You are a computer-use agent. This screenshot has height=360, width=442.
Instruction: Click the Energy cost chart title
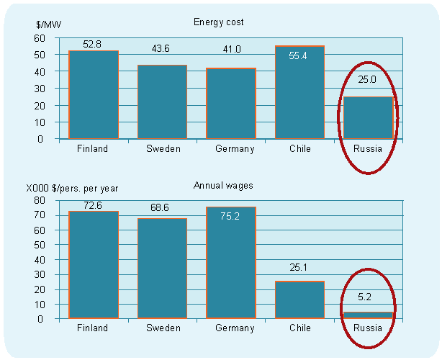[219, 22]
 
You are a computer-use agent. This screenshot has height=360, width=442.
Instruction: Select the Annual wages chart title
[219, 185]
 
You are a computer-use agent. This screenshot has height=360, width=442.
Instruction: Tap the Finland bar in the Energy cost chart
[93, 95]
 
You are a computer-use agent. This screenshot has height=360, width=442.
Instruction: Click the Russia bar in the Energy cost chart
[368, 117]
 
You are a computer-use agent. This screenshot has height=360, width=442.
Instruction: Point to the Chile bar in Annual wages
[299, 300]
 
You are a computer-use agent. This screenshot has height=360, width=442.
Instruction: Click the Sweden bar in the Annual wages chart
[162, 268]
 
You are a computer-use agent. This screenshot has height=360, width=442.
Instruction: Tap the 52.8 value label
[93, 45]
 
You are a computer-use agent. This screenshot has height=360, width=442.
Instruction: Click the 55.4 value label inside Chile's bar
[299, 55]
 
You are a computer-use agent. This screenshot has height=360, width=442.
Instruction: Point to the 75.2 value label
[230, 215]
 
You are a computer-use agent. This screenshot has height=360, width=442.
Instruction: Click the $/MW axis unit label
[49, 25]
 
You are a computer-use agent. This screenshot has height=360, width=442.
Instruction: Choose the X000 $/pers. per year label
[72, 189]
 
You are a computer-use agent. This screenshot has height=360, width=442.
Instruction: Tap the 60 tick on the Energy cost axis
[40, 37]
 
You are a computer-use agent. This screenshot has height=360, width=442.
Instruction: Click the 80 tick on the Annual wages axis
[40, 201]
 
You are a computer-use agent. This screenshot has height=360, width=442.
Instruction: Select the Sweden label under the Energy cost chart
[162, 149]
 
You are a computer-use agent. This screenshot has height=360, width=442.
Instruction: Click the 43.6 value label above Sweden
[161, 48]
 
